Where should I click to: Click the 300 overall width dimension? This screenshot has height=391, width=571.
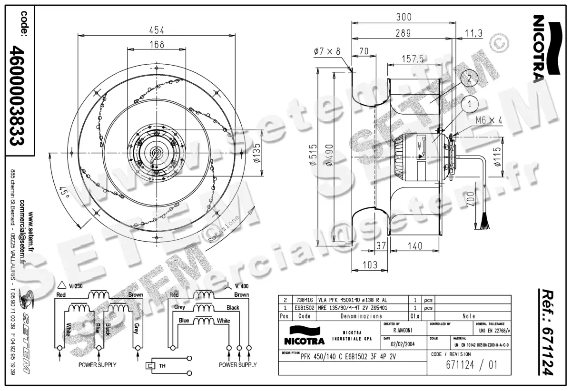[404, 18]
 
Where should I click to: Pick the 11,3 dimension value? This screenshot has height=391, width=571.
[474, 33]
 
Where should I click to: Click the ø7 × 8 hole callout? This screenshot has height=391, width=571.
[327, 51]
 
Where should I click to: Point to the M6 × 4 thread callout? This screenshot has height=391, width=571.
[489, 121]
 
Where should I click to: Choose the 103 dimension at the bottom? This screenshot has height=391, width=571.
[370, 264]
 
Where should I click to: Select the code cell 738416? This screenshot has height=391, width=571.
[305, 300]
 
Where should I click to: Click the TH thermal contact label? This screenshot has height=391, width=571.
[162, 366]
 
